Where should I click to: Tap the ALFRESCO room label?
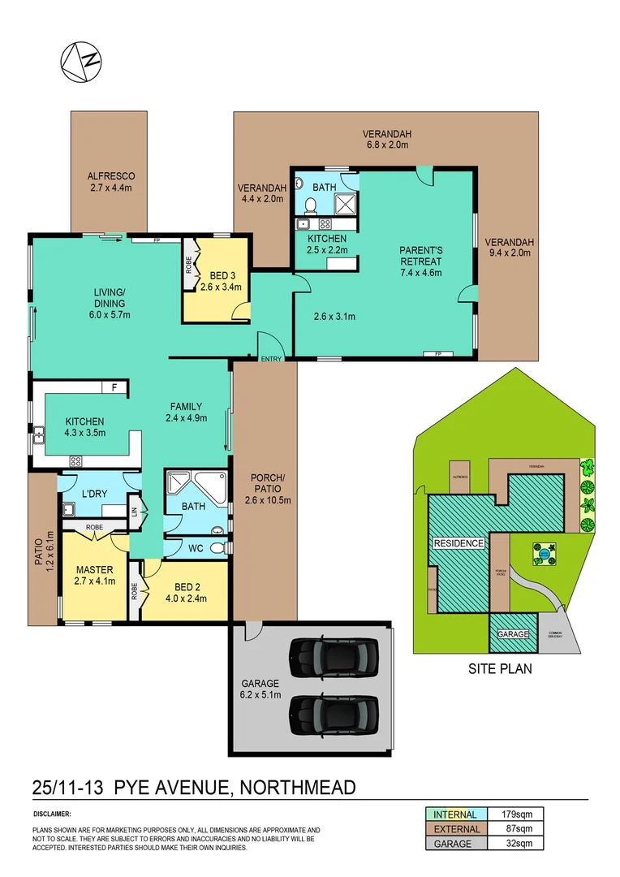click(x=110, y=175)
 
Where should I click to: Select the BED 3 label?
click(x=214, y=274)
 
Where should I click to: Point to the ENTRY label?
click(x=270, y=359)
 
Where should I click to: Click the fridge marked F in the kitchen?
click(x=114, y=388)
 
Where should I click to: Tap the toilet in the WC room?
click(x=217, y=549)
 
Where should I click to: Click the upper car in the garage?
click(x=334, y=652)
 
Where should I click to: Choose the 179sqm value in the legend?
click(x=519, y=814)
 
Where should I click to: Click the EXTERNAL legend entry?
click(x=456, y=829)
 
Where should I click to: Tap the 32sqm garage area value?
click(x=519, y=844)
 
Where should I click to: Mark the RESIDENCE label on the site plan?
click(x=459, y=543)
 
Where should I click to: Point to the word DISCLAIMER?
click(x=53, y=813)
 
